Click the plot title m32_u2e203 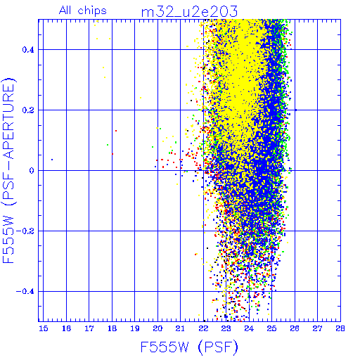click(190, 11)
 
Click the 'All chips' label click(83, 11)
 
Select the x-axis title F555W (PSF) click(189, 347)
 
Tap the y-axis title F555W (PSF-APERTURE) click(8, 170)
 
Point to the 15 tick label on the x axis click(44, 328)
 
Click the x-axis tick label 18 click(112, 328)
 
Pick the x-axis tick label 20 click(157, 328)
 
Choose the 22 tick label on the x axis click(203, 328)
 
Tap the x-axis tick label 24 click(249, 328)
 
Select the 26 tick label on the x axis click(295, 328)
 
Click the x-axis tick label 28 click(340, 328)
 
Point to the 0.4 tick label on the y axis click(28, 50)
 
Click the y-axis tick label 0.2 click(28, 110)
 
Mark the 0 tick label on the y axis click(32, 171)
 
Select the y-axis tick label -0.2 click(25, 231)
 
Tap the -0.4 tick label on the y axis click(25, 292)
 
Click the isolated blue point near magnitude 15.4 click(52, 160)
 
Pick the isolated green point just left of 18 click(108, 145)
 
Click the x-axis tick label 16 click(67, 328)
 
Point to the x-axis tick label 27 click(317, 328)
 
